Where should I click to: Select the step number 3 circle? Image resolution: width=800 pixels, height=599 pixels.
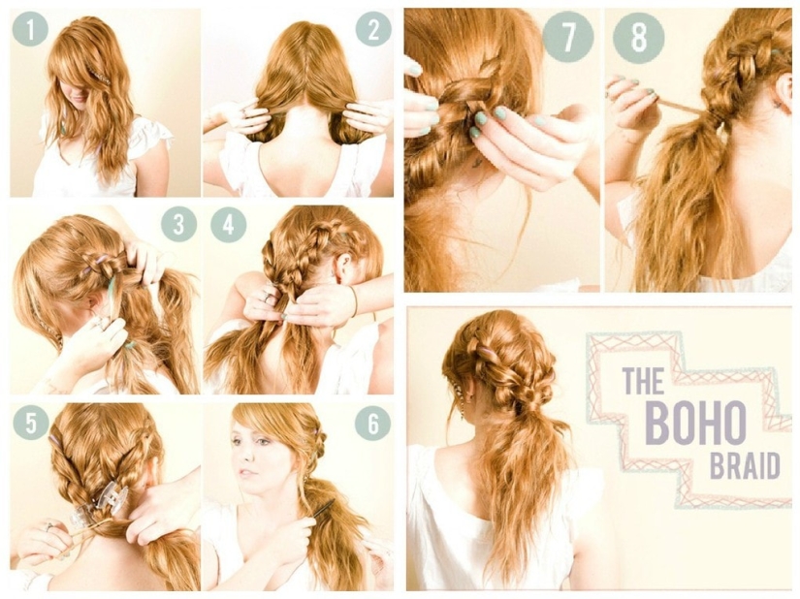coord(178,225)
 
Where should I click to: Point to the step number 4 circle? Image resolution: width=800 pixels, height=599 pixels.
coord(229,225)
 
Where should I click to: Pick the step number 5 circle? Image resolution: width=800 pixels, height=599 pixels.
coord(31,422)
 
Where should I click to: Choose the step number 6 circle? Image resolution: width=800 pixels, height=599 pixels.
coord(372,422)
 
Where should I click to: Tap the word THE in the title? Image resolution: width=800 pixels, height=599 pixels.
coord(643,380)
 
